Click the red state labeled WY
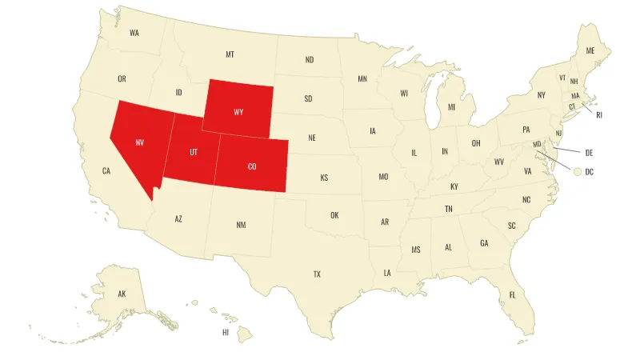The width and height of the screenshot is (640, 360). point(238,111)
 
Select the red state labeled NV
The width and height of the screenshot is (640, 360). point(139,142)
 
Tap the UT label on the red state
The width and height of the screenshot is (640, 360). point(194,152)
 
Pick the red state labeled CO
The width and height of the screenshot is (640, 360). point(252,166)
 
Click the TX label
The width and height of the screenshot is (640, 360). point(317,274)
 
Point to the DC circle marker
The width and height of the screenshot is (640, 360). point(577,171)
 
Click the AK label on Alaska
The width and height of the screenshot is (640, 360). point(122,294)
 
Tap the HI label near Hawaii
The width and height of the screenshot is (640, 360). point(226,331)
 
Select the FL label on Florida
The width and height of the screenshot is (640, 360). point(513,295)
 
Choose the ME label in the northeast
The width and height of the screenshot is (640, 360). point(590,50)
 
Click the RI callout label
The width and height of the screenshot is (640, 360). point(599,115)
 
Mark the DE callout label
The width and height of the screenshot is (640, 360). point(589,151)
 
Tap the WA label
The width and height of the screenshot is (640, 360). point(134,33)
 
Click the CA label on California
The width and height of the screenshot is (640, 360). point(106,170)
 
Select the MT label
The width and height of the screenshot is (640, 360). point(230,54)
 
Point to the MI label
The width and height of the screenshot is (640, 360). point(451,107)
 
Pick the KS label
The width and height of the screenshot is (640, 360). point(324,178)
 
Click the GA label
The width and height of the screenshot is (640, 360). point(484,243)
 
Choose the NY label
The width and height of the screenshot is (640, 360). point(541,95)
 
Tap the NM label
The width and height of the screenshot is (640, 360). point(241,225)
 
